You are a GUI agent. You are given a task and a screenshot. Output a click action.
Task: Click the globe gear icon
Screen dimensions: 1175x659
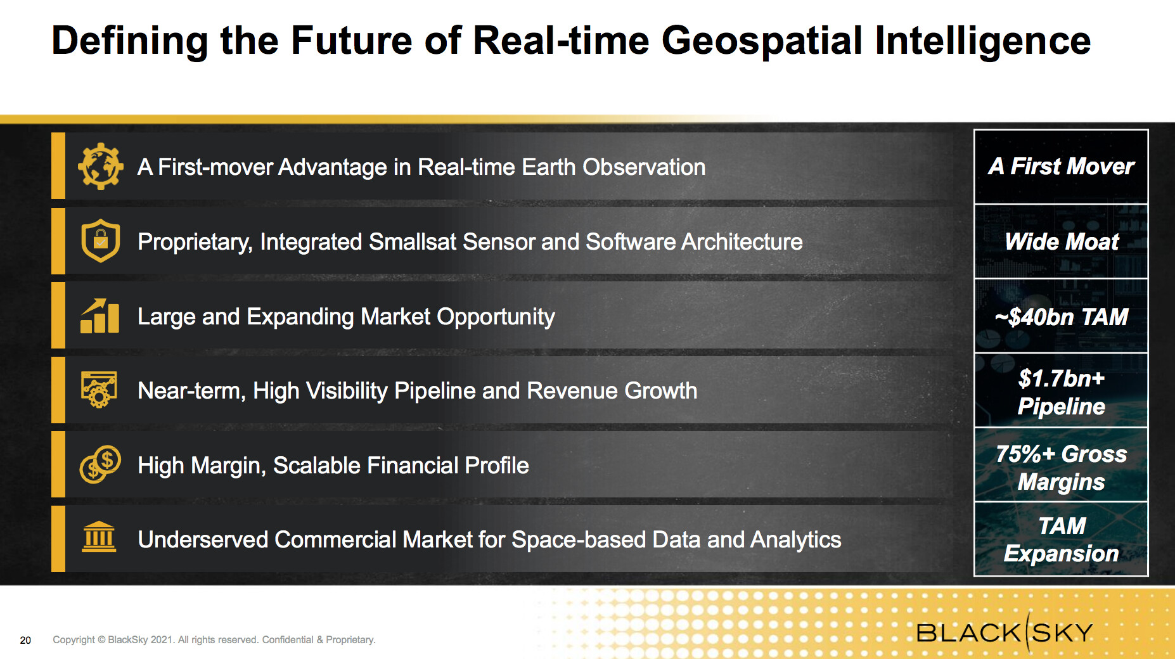(100, 167)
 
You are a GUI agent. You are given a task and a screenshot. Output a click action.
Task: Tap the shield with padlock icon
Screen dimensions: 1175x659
(100, 241)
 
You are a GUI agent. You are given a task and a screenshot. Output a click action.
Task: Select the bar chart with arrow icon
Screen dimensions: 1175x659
(100, 316)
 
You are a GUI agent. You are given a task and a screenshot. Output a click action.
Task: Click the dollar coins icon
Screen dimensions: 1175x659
(100, 464)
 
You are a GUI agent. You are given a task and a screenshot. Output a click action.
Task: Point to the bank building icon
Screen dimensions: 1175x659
(100, 537)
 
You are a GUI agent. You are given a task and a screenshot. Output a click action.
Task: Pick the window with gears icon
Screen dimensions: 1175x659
(99, 390)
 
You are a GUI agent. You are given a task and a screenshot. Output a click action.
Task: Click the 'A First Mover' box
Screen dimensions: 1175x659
(1061, 167)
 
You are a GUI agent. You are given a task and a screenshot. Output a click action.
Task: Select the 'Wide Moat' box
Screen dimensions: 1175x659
(1061, 241)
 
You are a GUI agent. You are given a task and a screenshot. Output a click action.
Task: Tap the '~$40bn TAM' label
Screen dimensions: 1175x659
(1062, 316)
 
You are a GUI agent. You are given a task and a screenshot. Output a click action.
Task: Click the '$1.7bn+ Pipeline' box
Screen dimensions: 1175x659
(1061, 390)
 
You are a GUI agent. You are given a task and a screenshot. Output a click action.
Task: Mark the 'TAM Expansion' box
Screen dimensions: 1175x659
(1061, 539)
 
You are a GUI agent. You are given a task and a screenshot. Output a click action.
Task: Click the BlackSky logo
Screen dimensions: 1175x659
(1005, 632)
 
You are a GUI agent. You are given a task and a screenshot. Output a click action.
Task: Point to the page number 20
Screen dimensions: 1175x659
(25, 640)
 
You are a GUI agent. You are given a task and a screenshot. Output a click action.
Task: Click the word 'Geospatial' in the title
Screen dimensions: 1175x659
(762, 41)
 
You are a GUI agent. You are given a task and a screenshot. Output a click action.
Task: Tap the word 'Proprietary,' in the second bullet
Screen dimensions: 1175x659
(195, 242)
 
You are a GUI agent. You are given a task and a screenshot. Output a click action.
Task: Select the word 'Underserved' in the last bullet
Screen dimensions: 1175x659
(203, 539)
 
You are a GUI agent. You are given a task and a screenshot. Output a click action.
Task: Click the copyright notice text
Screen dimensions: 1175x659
(214, 640)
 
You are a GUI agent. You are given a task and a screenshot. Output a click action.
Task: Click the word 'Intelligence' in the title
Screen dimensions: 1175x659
(983, 41)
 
